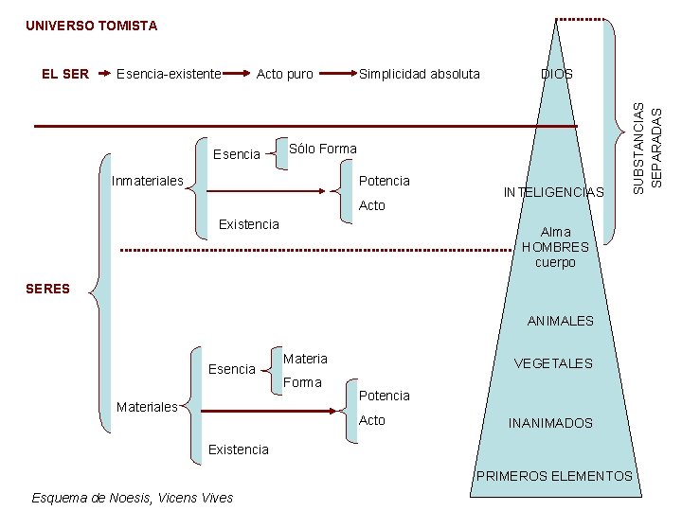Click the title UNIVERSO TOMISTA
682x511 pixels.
91,26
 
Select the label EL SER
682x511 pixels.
66,73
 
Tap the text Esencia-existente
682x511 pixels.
169,73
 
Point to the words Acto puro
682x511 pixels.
284,73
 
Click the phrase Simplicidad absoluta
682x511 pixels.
419,73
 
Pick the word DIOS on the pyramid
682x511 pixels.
556,73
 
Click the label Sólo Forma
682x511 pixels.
322,149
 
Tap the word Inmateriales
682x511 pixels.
148,180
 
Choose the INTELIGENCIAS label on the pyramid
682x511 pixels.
553,192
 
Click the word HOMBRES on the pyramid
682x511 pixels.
555,247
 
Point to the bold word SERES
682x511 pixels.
48,289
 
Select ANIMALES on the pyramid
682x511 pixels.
560,321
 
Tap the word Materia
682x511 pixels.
305,359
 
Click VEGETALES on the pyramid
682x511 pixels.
553,363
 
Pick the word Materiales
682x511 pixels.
147,407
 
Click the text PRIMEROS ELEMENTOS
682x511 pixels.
554,475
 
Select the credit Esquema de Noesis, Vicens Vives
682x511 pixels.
132,497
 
